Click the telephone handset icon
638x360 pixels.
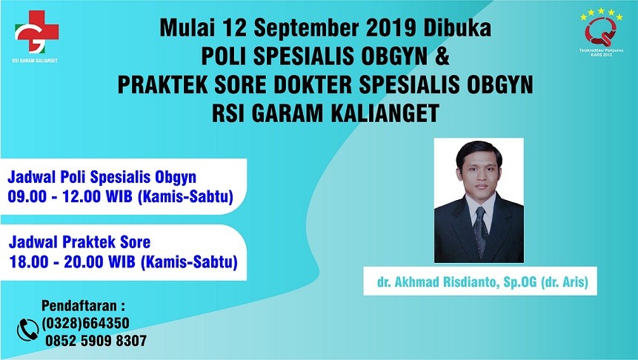[27, 328]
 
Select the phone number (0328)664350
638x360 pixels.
[86, 323]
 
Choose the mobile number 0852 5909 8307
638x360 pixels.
[96, 341]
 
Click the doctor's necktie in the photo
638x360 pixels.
[480, 230]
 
